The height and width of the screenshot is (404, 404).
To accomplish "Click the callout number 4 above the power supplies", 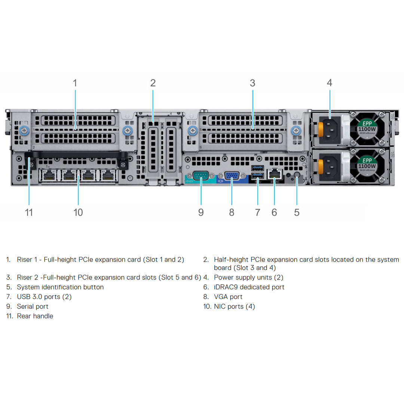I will point(329,83).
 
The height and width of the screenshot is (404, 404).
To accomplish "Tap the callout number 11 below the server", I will point(29,212).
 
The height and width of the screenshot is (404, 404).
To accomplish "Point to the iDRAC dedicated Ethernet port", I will point(275,173).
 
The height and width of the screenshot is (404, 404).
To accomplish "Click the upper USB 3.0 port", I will point(258,168).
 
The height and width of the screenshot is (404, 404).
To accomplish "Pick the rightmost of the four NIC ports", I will point(108,175).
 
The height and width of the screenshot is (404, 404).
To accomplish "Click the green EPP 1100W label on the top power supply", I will point(367,126).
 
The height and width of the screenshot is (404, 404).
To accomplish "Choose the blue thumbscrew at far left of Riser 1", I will point(25,131).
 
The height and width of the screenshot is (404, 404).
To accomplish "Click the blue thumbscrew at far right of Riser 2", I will point(296,131).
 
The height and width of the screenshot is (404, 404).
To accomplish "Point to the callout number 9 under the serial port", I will point(201,212).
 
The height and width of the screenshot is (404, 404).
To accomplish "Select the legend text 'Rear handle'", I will point(35,316).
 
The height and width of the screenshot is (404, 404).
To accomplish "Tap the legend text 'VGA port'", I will point(228,297).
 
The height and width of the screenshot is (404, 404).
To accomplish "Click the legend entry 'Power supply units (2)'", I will point(248,278).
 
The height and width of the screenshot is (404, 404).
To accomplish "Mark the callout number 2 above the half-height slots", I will point(153,83).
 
